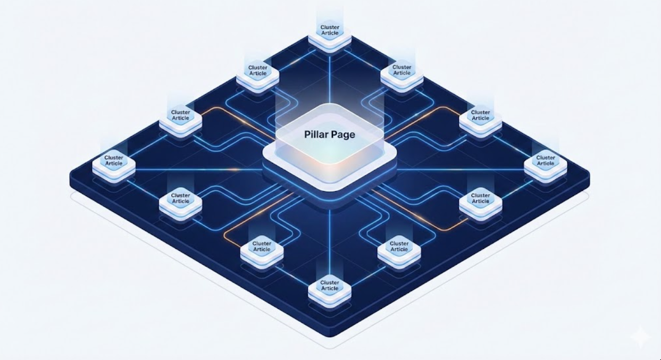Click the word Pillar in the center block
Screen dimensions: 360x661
[x=316, y=135]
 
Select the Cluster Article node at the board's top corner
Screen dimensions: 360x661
[x=330, y=32]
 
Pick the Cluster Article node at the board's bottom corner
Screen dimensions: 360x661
[x=330, y=287]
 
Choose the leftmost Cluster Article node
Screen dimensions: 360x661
[x=114, y=162]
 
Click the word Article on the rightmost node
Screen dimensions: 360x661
[x=545, y=163]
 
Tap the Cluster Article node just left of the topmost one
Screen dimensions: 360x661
[x=258, y=72]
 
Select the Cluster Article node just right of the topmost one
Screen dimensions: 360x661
[x=402, y=72]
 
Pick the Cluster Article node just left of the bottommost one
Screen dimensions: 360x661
[x=262, y=248]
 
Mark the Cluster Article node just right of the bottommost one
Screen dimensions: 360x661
[x=399, y=248]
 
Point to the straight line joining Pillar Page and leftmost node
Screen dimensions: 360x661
[x=197, y=170]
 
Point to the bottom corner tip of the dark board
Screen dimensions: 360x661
[x=330, y=336]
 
